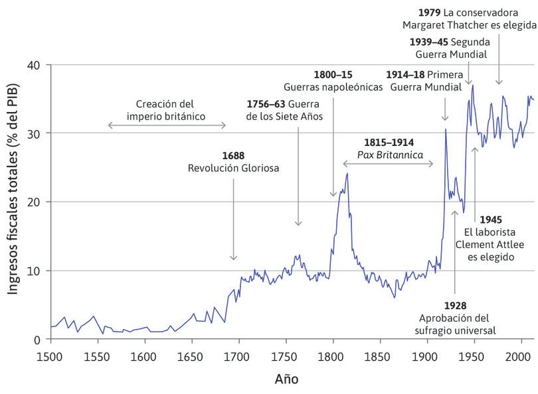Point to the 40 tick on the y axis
click(x=34, y=65)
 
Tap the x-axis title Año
click(x=286, y=380)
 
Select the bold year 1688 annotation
click(x=234, y=155)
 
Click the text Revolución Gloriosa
click(x=234, y=168)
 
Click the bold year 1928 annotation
click(x=455, y=305)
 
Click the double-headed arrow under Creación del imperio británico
click(x=167, y=125)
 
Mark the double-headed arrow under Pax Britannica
click(x=389, y=163)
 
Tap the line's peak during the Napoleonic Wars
click(x=347, y=174)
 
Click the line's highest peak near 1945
click(x=472, y=85)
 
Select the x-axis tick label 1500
click(x=50, y=358)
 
